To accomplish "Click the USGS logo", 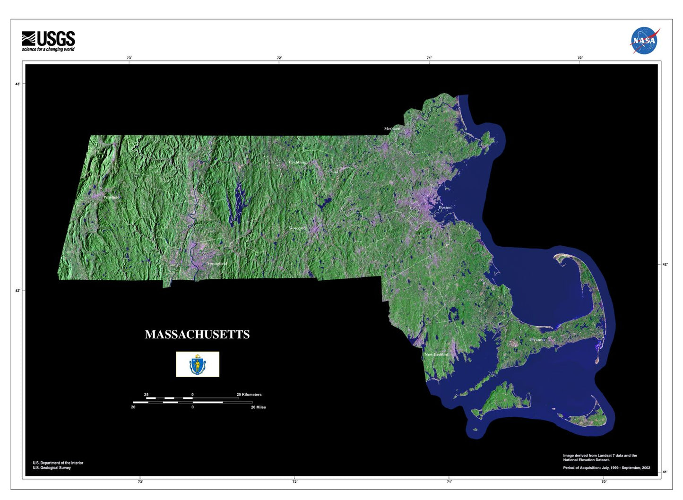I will pyautogui.click(x=48, y=41).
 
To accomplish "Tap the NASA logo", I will pyautogui.click(x=644, y=41).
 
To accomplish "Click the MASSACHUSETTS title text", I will pyautogui.click(x=197, y=335).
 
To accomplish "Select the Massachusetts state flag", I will pyautogui.click(x=198, y=364).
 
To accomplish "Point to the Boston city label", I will pyautogui.click(x=445, y=207).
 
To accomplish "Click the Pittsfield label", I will pyautogui.click(x=112, y=197).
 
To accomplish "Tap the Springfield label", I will pyautogui.click(x=217, y=263).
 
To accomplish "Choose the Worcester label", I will pyautogui.click(x=298, y=228).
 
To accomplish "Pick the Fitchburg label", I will pyautogui.click(x=298, y=162).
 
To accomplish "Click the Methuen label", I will pyautogui.click(x=392, y=129).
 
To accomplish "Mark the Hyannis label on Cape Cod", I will pyautogui.click(x=537, y=340).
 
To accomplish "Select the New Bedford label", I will pyautogui.click(x=436, y=354).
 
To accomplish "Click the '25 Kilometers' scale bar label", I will pyautogui.click(x=249, y=395).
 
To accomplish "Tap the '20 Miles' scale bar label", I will pyautogui.click(x=258, y=407).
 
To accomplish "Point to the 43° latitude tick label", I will pyautogui.click(x=18, y=84).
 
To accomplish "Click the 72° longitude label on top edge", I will pyautogui.click(x=279, y=58).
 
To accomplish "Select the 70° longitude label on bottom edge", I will pyautogui.click(x=604, y=482).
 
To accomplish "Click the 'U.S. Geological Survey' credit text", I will pyautogui.click(x=52, y=468).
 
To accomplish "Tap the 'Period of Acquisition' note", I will pyautogui.click(x=606, y=468).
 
